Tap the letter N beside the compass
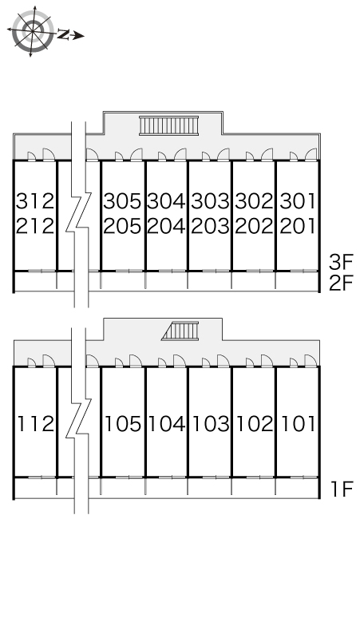pos(63,34)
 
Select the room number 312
pos(34,201)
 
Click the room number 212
pos(34,226)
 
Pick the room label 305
pos(122,201)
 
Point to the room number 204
pos(166,226)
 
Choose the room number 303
pos(210,201)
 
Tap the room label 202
pos(254,226)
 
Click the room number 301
pos(298,201)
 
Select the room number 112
pos(35,424)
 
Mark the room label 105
pos(122,424)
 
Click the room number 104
pos(167,424)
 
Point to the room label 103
pos(211,424)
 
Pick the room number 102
pos(255,424)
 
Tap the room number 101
pos(299,424)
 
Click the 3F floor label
pos(341,262)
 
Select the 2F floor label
pos(341,283)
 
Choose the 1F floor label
pos(342,489)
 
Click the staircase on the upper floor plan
pos(168,125)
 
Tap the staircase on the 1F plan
pos(180,331)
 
